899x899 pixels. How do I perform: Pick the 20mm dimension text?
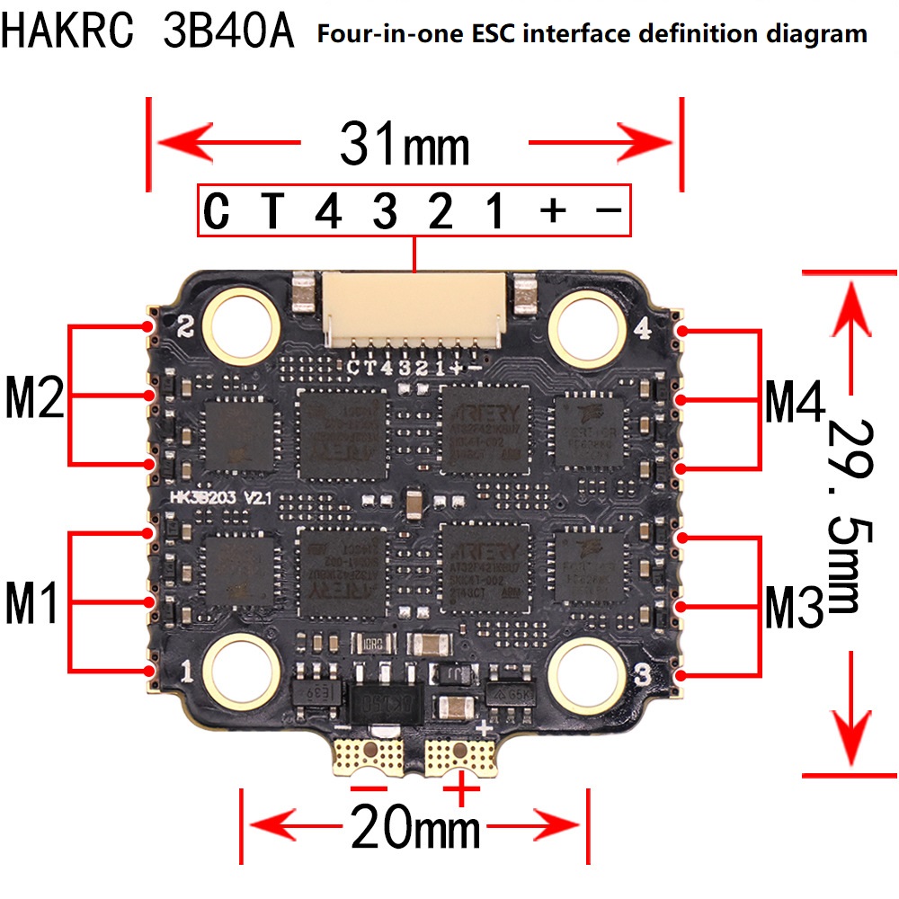pos(415,826)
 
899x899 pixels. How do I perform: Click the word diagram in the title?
pos(811,35)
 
